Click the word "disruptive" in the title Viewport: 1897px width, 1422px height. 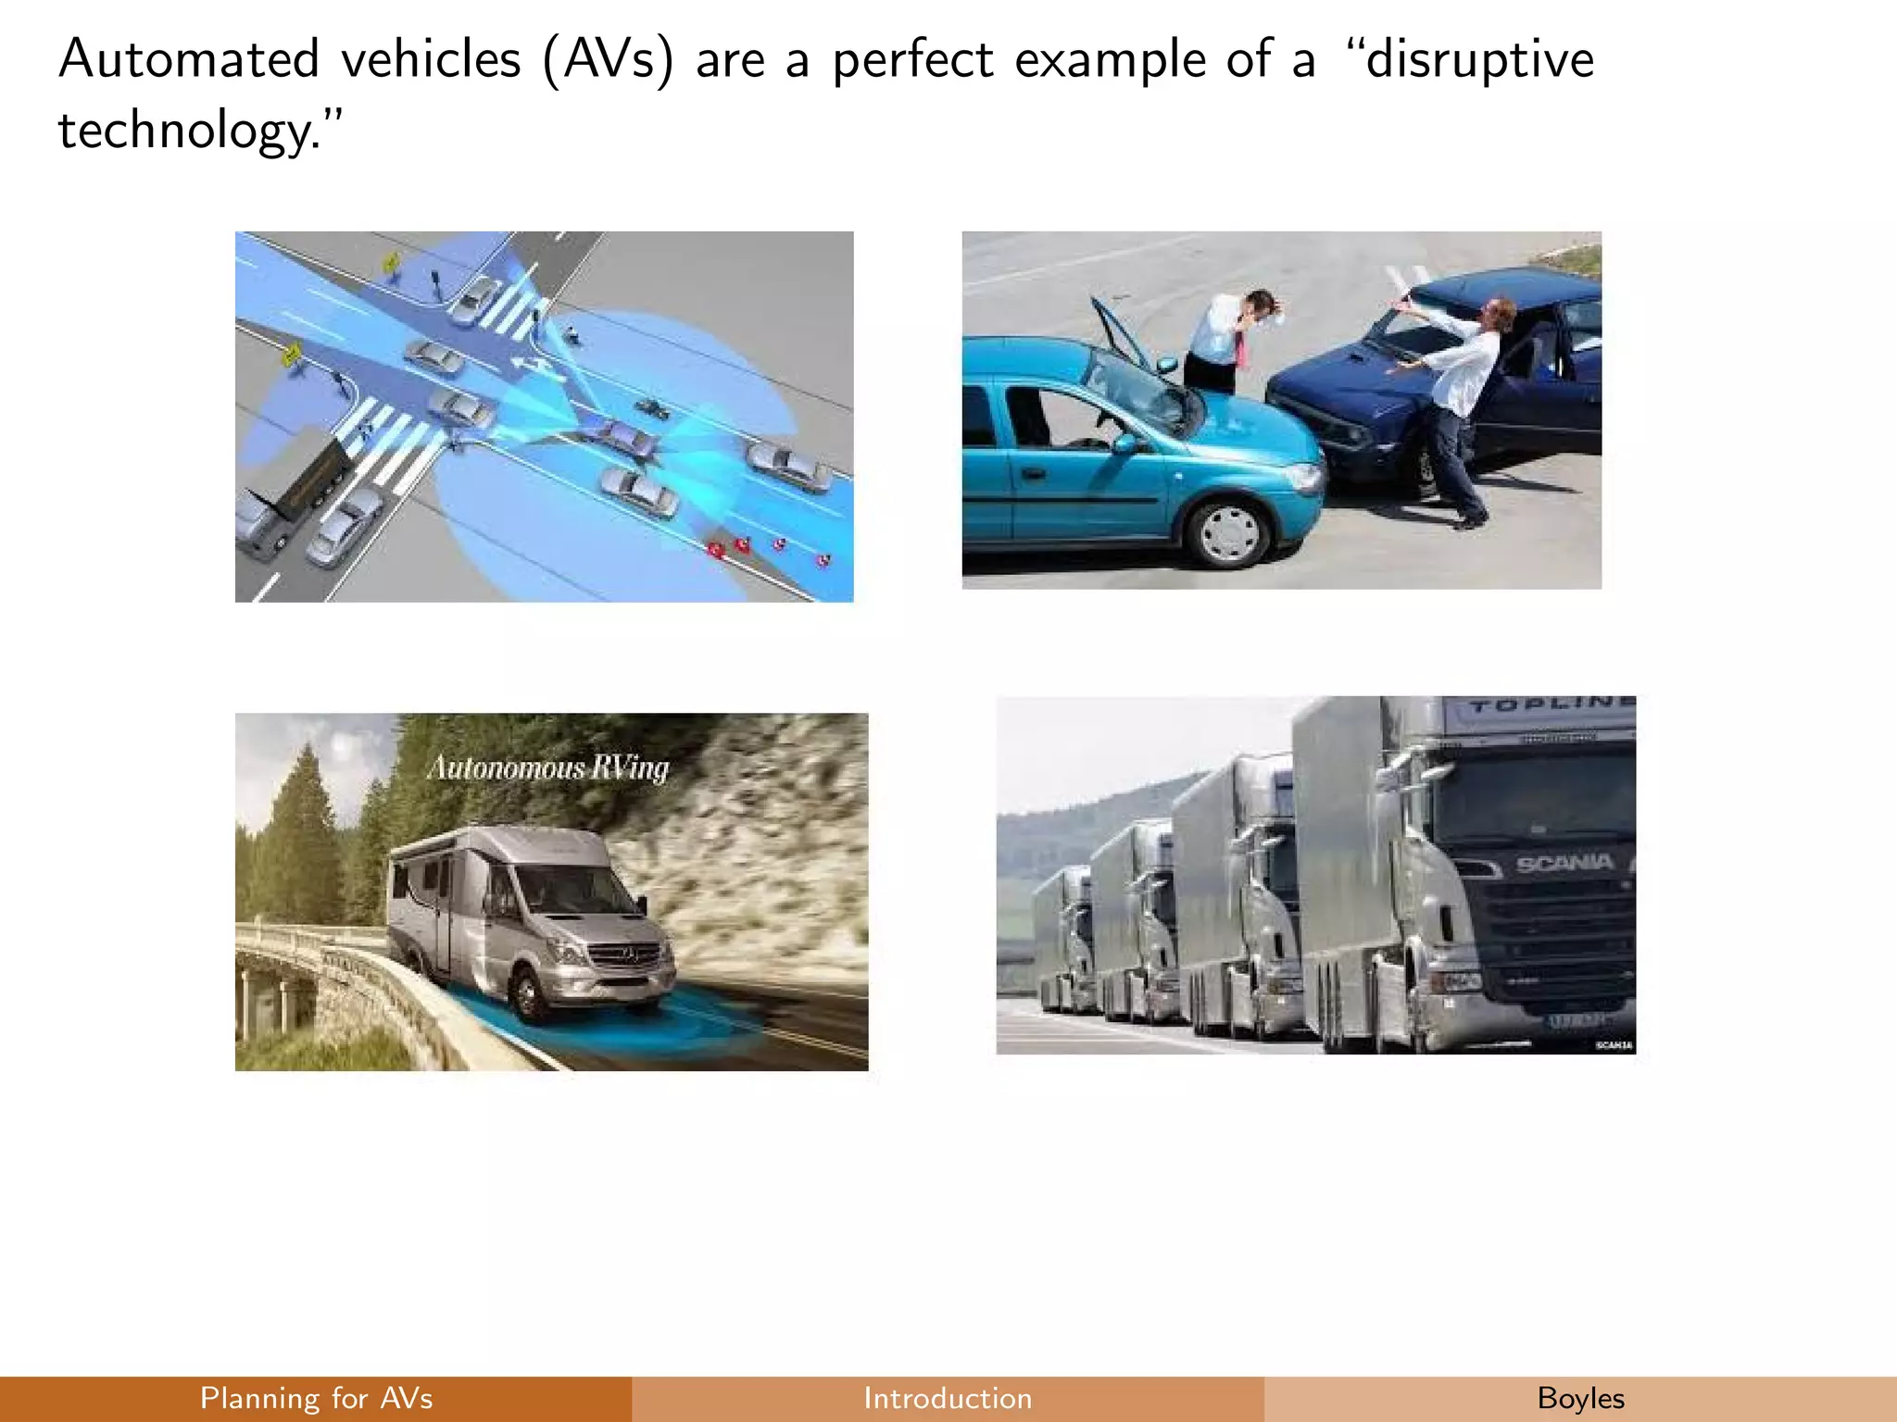[x=1479, y=61]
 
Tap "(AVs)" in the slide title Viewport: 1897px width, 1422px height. [x=608, y=61]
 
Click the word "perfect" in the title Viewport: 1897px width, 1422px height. [x=912, y=61]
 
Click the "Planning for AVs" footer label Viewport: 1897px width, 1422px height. [x=316, y=1398]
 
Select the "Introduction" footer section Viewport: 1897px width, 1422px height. [x=948, y=1398]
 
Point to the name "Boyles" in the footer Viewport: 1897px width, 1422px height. [x=1580, y=1398]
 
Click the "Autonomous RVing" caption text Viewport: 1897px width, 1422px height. [x=547, y=768]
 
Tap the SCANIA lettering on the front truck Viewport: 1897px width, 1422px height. [x=1564, y=865]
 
